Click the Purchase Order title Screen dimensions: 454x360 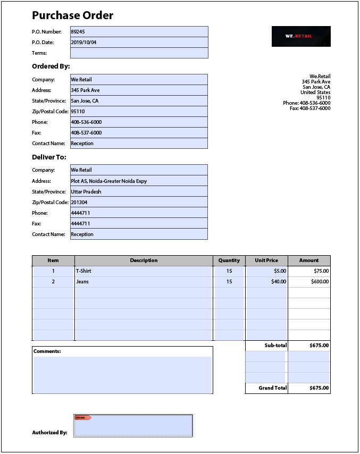[72, 15]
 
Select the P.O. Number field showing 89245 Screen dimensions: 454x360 [139, 32]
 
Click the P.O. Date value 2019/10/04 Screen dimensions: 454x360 [139, 43]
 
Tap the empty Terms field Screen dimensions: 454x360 [139, 53]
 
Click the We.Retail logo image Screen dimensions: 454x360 [301, 36]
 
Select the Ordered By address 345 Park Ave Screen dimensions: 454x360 [139, 90]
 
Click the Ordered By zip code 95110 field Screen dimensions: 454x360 [139, 112]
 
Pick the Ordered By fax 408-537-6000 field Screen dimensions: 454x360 [139, 133]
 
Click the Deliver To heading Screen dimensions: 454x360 [49, 157]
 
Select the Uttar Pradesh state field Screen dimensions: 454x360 [139, 191]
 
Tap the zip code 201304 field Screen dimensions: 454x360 [139, 202]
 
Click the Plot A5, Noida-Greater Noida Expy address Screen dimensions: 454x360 [139, 181]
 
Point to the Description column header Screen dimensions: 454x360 [144, 260]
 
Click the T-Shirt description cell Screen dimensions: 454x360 [144, 271]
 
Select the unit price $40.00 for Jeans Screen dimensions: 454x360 [266, 282]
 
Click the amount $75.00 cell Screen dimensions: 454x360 [309, 271]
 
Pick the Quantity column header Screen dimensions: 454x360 [229, 260]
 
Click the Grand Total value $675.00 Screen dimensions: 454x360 [309, 388]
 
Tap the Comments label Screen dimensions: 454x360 [47, 351]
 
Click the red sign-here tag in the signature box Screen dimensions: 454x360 [82, 418]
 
